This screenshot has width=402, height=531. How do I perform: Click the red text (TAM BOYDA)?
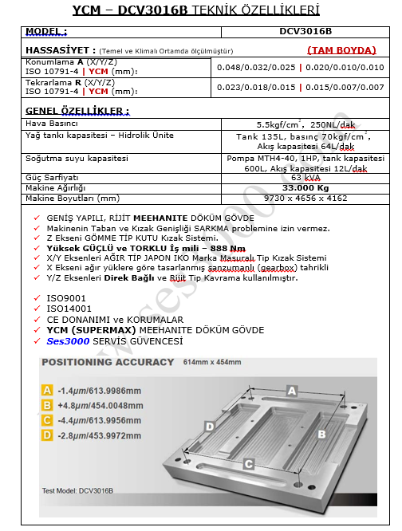point(341,50)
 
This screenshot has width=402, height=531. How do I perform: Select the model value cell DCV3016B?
point(305,32)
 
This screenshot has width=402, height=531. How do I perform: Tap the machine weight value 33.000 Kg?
point(305,188)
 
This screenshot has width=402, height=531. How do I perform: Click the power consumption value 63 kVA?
point(305,178)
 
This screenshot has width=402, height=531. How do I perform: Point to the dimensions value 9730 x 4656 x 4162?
point(305,198)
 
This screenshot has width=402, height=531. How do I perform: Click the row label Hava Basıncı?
point(52,124)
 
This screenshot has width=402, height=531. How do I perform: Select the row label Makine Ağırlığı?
point(56,188)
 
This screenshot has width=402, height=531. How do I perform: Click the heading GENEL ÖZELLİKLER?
point(77,111)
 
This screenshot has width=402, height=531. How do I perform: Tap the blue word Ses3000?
point(68,341)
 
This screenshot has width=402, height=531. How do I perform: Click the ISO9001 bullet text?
point(66,298)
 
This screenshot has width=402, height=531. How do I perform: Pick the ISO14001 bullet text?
point(69,309)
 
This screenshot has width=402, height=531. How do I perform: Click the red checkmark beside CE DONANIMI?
point(37,320)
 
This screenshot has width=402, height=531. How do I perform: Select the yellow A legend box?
point(47,390)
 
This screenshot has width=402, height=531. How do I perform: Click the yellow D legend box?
point(47,435)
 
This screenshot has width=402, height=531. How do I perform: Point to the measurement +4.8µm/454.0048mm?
point(100,405)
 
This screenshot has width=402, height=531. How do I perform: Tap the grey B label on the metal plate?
point(321,435)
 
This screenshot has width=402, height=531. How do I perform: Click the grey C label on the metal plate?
point(248,464)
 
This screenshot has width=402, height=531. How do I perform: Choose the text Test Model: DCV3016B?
point(77,490)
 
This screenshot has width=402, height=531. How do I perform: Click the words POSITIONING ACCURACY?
point(108,362)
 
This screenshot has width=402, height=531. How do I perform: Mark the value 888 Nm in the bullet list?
point(228,248)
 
